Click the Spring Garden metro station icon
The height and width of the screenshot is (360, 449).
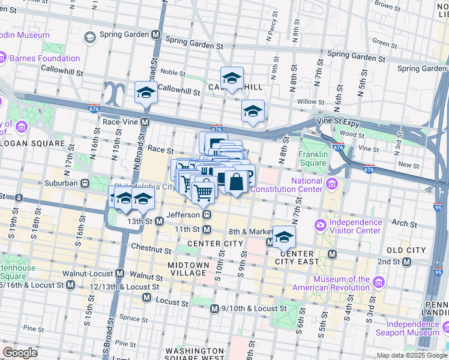[x=156, y=35]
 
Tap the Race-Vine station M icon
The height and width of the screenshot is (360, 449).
[x=145, y=122]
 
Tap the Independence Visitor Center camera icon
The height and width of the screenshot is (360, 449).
[x=320, y=226]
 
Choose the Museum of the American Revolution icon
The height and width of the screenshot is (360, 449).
[x=378, y=283]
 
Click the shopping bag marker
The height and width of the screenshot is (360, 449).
[x=237, y=181]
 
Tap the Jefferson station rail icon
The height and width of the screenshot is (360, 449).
[x=206, y=214]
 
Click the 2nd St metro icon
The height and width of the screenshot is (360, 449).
[x=407, y=262]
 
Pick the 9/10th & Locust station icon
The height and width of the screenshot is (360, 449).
[x=214, y=308]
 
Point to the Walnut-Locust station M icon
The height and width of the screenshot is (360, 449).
[x=119, y=274]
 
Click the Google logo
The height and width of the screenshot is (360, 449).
[x=20, y=352]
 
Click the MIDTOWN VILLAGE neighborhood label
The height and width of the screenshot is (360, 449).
[x=188, y=269]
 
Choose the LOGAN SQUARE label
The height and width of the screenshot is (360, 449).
[x=32, y=143]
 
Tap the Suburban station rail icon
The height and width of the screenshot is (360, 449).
[x=85, y=183]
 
